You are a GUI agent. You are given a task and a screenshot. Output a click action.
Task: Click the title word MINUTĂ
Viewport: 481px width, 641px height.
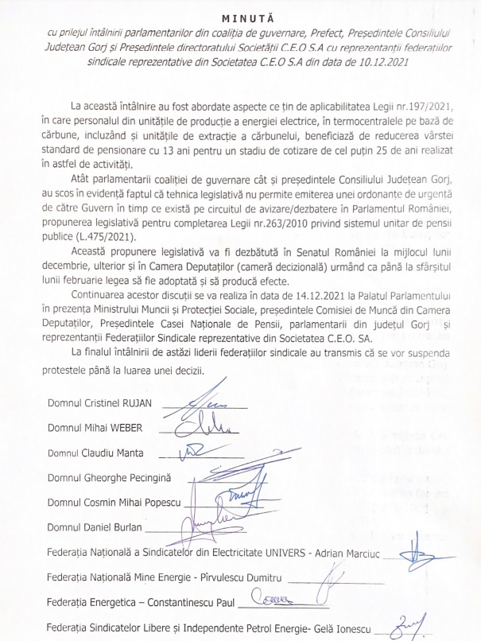pos(240,16)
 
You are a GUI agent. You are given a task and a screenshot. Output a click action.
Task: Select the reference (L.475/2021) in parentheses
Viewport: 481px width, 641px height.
pos(114,238)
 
